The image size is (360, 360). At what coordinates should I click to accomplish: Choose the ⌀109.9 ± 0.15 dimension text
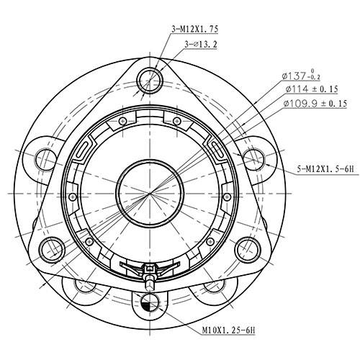[316, 104]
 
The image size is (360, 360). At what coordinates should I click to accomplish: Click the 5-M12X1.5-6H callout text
[323, 171]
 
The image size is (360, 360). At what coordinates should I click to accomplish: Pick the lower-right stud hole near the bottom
[214, 286]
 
